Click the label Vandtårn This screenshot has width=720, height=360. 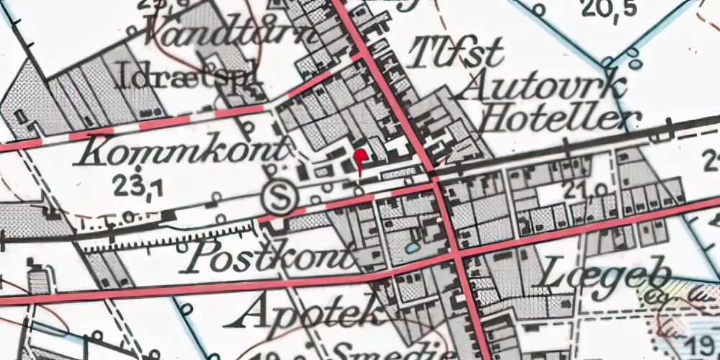[230, 32]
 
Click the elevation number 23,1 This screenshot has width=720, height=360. [138, 187]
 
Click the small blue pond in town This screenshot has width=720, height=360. [412, 247]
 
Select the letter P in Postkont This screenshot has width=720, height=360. [198, 256]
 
